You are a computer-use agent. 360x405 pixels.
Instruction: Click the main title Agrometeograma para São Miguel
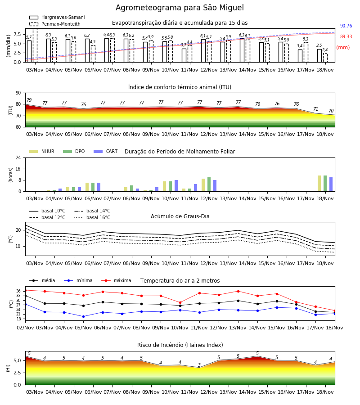(x=180, y=8)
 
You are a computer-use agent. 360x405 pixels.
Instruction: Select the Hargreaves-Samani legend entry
(x=57, y=17)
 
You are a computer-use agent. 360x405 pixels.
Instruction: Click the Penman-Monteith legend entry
(x=55, y=24)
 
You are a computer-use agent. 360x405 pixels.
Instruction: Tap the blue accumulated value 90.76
(x=346, y=26)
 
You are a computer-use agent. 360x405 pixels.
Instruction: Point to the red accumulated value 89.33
(x=346, y=37)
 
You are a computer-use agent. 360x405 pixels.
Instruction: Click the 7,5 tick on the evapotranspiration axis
(x=17, y=34)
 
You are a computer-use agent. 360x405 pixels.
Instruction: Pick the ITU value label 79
(x=29, y=100)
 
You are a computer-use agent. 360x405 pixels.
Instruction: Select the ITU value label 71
(x=315, y=109)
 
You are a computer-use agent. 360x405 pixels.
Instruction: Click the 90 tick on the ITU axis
(x=18, y=93)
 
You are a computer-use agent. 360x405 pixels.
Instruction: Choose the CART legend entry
(x=106, y=151)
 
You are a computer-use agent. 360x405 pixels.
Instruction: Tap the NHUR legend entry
(x=42, y=151)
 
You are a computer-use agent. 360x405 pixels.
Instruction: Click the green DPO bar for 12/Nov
(x=209, y=184)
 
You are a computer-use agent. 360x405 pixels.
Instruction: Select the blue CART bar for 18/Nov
(x=331, y=184)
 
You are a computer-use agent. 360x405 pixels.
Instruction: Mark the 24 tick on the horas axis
(x=18, y=157)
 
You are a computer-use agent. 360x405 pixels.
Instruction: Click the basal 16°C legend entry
(x=92, y=217)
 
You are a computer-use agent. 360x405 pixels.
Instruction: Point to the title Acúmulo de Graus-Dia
(x=180, y=216)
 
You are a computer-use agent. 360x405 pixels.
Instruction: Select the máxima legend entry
(x=116, y=280)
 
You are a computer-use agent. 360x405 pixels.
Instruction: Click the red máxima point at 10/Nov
(x=180, y=302)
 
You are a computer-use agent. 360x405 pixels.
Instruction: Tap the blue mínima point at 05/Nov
(x=83, y=316)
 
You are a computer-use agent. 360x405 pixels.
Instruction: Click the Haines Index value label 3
(x=199, y=365)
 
